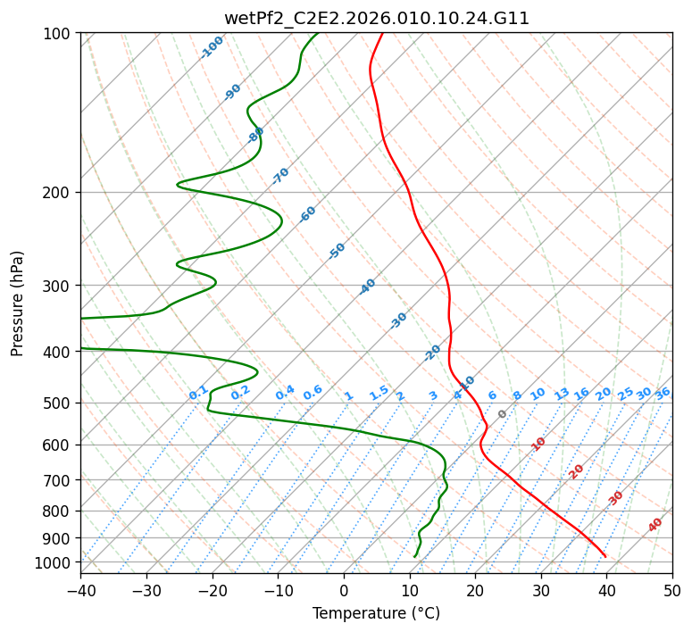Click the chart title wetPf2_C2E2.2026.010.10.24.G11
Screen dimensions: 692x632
377,19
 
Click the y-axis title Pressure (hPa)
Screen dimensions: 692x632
17,304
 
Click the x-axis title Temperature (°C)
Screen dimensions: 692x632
377,613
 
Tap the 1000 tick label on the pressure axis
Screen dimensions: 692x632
58,561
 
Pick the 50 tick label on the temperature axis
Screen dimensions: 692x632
672,590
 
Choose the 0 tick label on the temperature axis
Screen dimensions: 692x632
344,590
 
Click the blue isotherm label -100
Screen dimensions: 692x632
212,47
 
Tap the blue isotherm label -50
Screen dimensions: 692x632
337,251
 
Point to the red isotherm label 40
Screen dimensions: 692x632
654,525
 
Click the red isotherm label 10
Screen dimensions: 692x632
538,444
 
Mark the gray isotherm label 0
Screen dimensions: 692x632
502,414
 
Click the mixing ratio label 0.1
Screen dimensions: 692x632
198,393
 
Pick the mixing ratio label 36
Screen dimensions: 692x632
663,394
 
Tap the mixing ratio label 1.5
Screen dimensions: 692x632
379,393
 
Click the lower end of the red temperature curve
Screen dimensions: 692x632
605,557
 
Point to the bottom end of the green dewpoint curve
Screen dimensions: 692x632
414,557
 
